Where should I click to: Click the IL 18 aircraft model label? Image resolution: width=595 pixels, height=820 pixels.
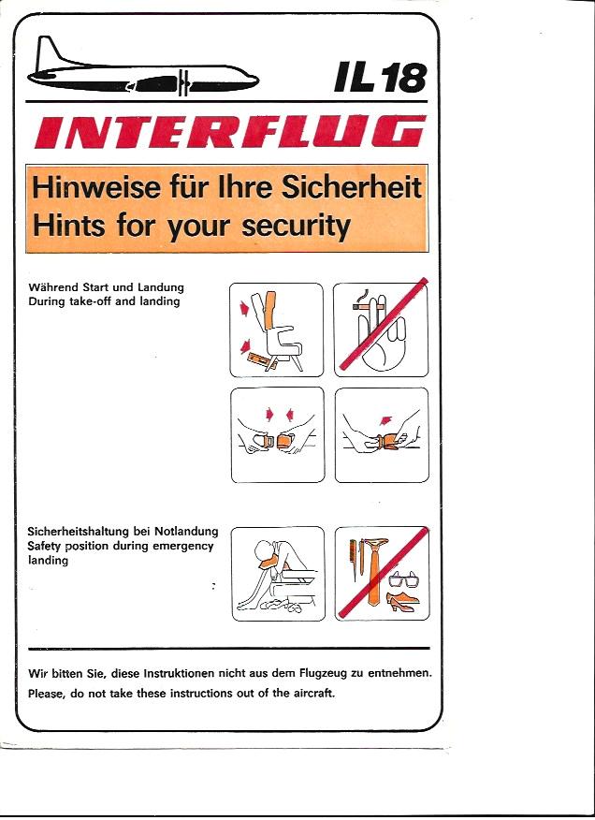(x=380, y=77)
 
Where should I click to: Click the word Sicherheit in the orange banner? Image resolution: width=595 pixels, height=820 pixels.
(x=352, y=187)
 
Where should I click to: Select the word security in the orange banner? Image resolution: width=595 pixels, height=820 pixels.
(x=296, y=227)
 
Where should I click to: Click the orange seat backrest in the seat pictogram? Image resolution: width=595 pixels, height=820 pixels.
(x=271, y=310)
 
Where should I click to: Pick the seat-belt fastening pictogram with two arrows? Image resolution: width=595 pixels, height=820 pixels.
(x=278, y=434)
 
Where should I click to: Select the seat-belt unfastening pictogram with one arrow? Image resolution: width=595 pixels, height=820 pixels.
(x=382, y=434)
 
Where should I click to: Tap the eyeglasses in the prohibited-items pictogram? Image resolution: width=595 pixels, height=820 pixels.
(x=404, y=579)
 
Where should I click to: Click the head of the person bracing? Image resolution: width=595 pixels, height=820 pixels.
(x=263, y=552)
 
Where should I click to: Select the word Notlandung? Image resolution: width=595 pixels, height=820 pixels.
(x=186, y=532)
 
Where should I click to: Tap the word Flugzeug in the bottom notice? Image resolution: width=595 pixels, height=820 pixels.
(x=323, y=674)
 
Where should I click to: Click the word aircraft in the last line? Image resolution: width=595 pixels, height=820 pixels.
(x=312, y=694)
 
